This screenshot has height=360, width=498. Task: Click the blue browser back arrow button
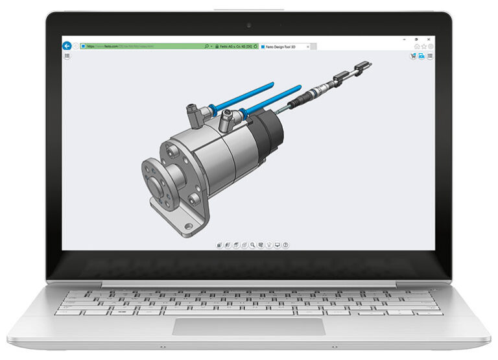click(66, 46)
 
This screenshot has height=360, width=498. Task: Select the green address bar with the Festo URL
click(143, 46)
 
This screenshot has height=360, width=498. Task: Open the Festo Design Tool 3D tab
click(285, 47)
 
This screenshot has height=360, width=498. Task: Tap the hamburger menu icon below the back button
click(67, 57)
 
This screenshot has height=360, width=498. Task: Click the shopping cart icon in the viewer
click(412, 56)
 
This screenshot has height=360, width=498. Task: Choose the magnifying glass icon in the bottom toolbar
click(252, 245)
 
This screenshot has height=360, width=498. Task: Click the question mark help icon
click(285, 245)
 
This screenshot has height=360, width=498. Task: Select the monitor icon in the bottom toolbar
click(277, 245)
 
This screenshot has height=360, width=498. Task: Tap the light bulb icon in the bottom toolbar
click(268, 245)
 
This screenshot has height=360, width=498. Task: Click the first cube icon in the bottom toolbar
click(219, 245)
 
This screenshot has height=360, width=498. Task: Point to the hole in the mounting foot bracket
click(189, 226)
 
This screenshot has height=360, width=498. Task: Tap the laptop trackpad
click(248, 326)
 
